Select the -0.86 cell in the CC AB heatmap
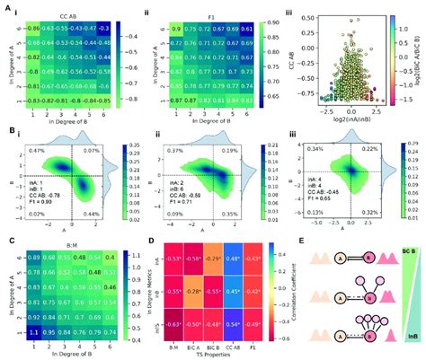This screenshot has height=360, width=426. [31, 29]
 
